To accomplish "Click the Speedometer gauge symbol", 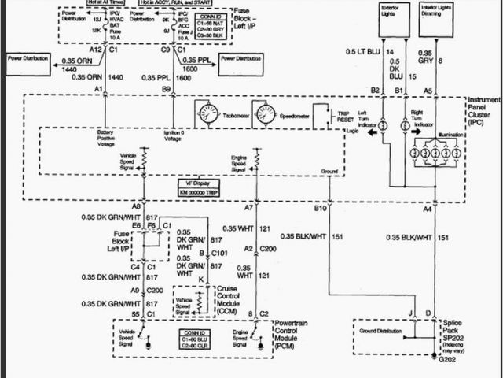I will pos(266,114).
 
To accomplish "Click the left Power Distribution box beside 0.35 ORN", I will pos(28,58).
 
